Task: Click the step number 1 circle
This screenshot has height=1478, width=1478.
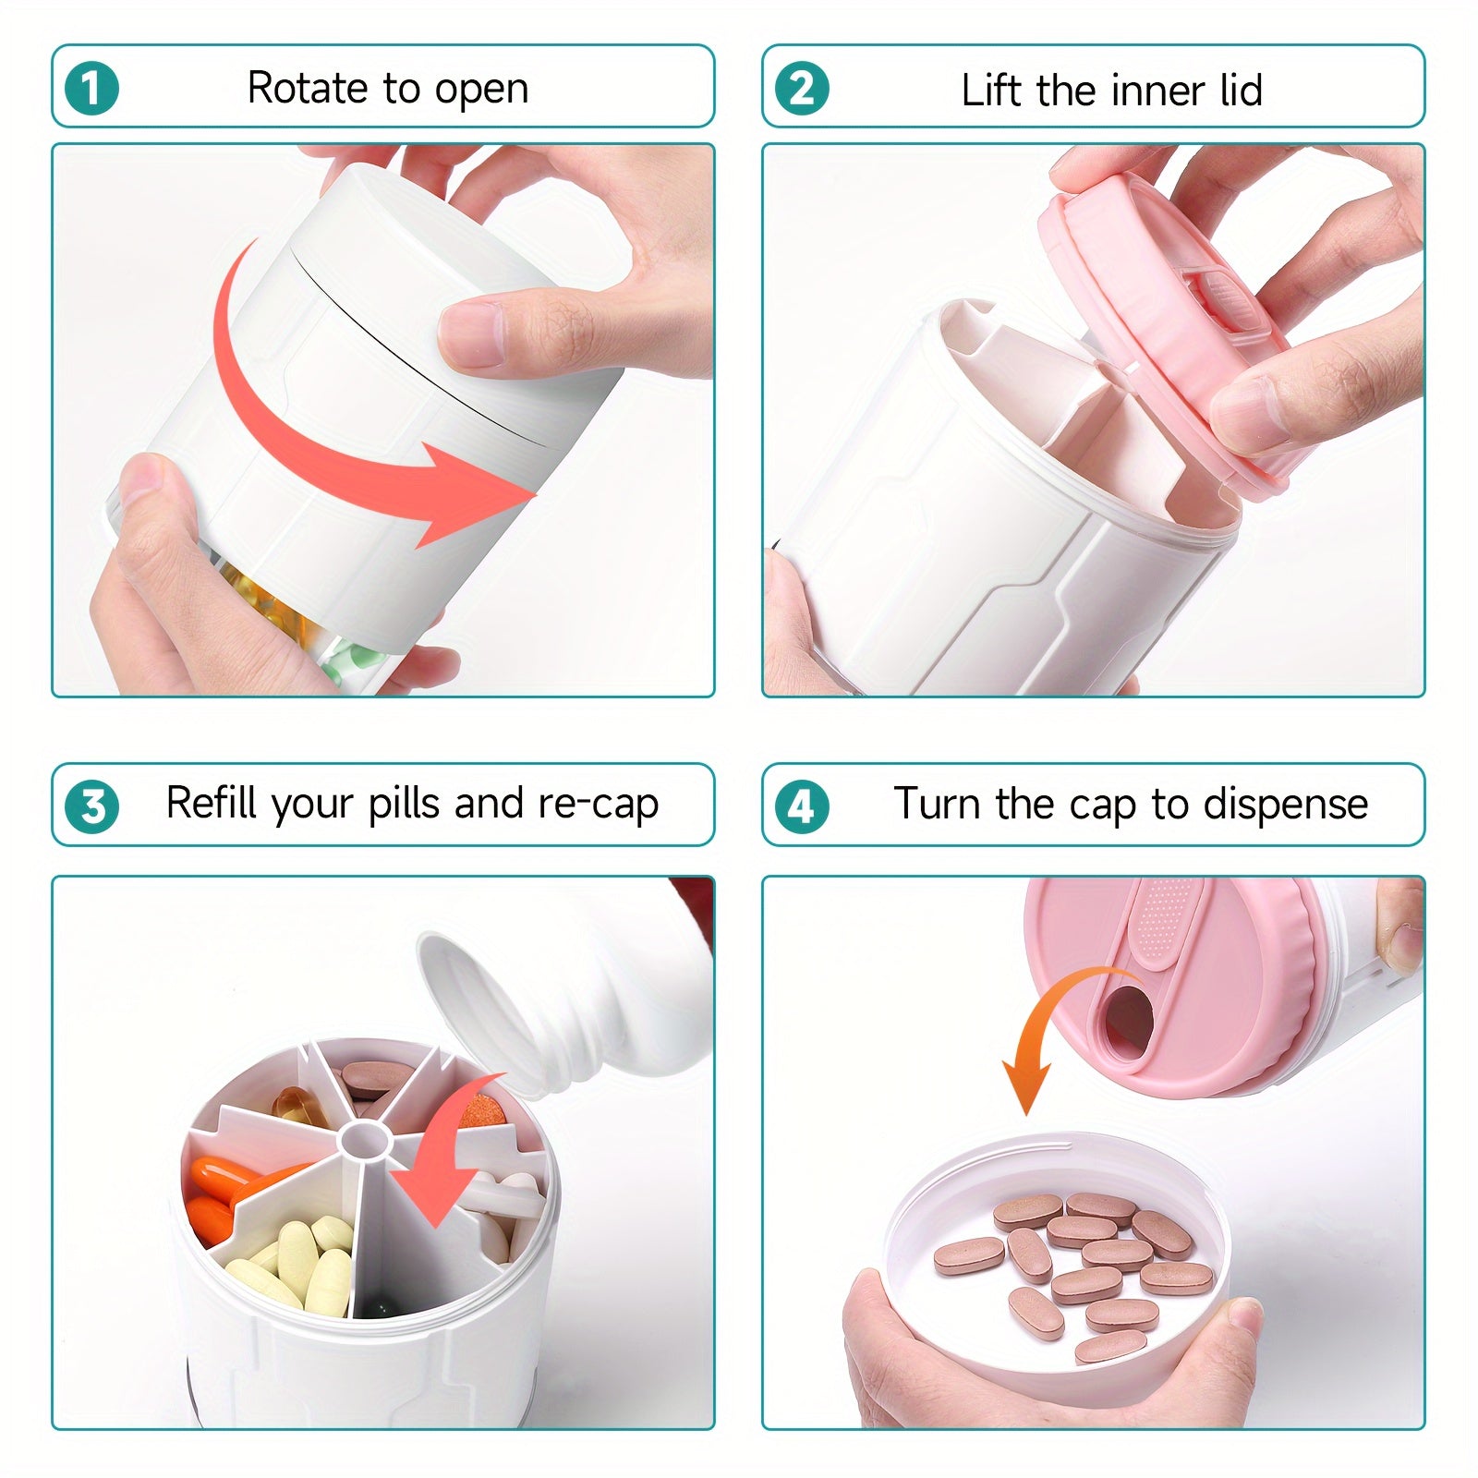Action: [92, 89]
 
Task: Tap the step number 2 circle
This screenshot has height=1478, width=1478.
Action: [802, 89]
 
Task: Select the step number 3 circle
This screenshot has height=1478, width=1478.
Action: [92, 807]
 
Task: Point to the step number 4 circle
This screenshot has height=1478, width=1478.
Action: [802, 807]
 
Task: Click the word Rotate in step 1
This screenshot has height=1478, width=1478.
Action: [309, 89]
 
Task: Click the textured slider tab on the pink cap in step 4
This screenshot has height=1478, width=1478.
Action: [1165, 924]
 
